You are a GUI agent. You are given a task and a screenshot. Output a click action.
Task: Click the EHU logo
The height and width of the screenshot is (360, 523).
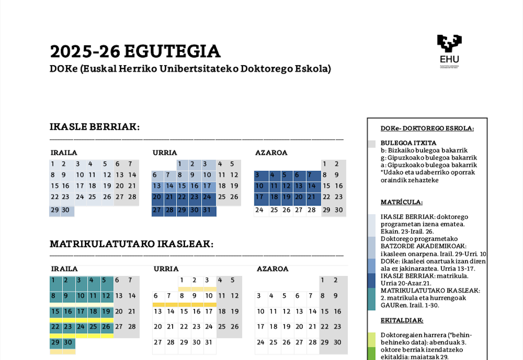coord(449,51)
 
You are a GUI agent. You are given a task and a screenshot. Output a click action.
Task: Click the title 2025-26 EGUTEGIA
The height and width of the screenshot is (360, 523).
coord(135,52)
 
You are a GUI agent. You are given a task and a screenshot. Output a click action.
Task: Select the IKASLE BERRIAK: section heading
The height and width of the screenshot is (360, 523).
coord(94,127)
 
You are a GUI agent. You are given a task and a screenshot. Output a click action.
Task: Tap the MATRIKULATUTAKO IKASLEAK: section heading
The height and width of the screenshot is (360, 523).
coord(131,244)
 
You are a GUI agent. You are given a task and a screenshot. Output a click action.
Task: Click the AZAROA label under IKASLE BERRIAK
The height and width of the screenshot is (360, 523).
coord(271,153)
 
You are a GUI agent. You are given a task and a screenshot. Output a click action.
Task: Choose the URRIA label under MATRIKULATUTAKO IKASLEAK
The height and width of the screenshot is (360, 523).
coord(166,269)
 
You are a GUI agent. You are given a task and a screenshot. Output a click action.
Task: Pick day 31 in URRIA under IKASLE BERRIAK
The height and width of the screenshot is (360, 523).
coord(207,210)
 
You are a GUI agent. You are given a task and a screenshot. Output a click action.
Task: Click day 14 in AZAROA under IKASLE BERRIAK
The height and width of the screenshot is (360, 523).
coord(312,186)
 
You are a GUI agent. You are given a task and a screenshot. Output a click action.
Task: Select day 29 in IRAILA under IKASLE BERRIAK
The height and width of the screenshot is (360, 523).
coord(55,210)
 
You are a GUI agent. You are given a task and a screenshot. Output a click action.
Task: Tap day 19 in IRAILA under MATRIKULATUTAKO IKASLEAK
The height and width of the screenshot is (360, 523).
coord(106,312)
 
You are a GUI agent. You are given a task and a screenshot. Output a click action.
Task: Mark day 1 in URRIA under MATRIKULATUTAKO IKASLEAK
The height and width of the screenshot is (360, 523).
coord(182,280)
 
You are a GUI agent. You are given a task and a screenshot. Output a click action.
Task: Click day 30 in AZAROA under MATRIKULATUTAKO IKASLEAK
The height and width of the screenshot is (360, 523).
coord(338,342)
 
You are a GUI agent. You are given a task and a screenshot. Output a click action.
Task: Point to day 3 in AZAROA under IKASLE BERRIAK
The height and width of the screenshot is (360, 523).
coord(257,175)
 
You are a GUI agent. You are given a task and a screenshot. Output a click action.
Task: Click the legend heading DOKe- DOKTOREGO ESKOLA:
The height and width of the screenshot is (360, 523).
coord(427,128)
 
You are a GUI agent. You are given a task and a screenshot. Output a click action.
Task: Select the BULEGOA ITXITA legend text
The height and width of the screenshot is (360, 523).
coord(408,143)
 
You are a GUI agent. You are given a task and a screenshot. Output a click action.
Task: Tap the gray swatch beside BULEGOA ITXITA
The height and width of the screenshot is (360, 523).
coord(371,144)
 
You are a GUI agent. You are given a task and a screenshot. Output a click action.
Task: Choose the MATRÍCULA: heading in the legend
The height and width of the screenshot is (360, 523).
coord(401,202)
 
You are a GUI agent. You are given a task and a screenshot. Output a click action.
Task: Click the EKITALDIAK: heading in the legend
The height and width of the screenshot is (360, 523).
coord(402,320)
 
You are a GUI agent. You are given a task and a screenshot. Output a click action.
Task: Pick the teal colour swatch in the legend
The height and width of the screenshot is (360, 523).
coord(371,299)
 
